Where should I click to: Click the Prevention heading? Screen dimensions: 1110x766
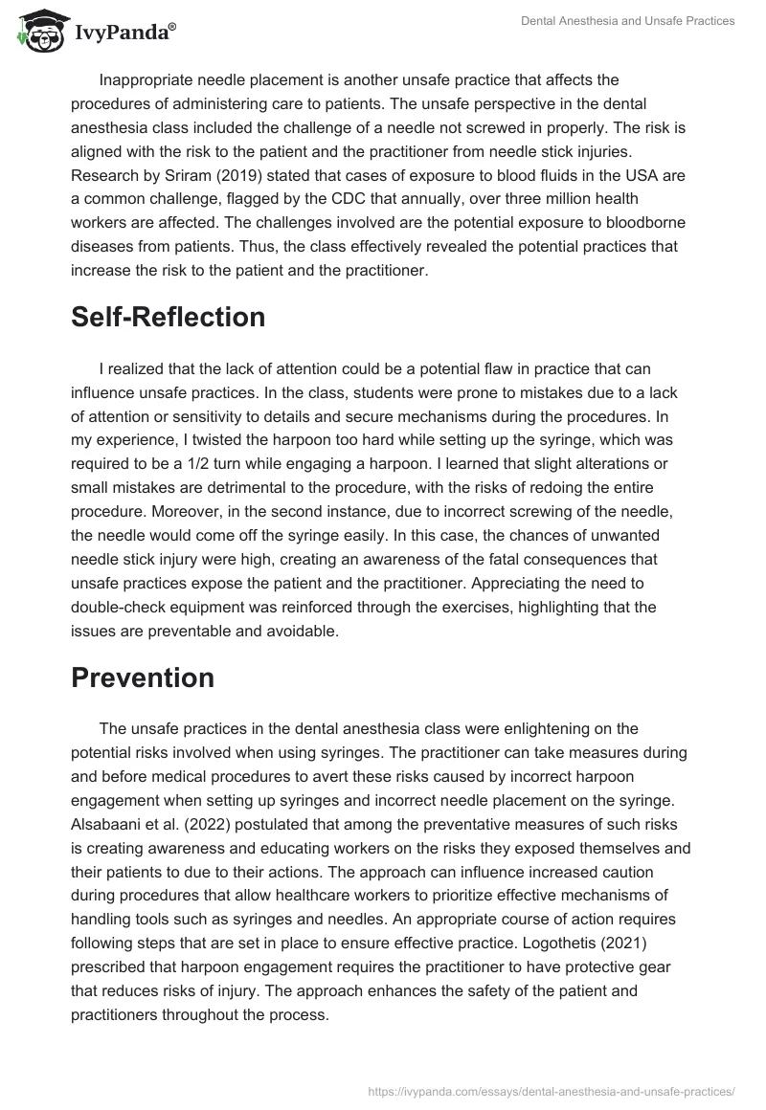coord(143,677)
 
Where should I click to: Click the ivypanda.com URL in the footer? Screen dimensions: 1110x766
coord(550,1090)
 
